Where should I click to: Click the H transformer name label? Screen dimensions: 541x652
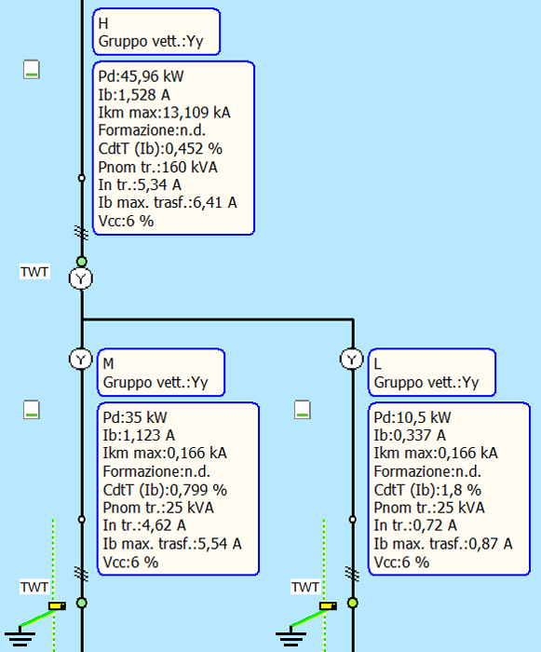[103, 23]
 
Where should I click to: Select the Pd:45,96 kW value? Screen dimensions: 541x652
[141, 76]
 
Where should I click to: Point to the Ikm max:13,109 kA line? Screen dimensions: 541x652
[164, 113]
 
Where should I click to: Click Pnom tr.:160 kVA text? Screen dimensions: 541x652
[157, 167]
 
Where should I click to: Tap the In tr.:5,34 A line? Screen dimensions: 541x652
[140, 184]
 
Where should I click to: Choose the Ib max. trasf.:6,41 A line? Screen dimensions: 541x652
[168, 203]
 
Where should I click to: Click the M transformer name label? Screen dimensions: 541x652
[108, 364]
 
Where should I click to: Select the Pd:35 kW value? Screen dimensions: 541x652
[135, 417]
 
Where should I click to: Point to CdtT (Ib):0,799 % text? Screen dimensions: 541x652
[165, 490]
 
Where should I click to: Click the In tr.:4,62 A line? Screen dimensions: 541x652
[144, 525]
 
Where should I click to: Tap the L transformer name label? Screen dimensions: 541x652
[377, 364]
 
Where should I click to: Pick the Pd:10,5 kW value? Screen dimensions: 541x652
[413, 417]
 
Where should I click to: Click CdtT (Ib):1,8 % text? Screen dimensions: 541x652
[427, 490]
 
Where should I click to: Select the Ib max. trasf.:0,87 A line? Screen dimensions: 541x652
[443, 544]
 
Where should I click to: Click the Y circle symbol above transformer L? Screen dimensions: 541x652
[352, 359]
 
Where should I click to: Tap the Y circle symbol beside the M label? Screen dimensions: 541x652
[81, 359]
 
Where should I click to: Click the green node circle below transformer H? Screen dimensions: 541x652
[82, 262]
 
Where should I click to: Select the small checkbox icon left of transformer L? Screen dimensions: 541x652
[303, 410]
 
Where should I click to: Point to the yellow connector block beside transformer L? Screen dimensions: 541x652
[328, 606]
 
